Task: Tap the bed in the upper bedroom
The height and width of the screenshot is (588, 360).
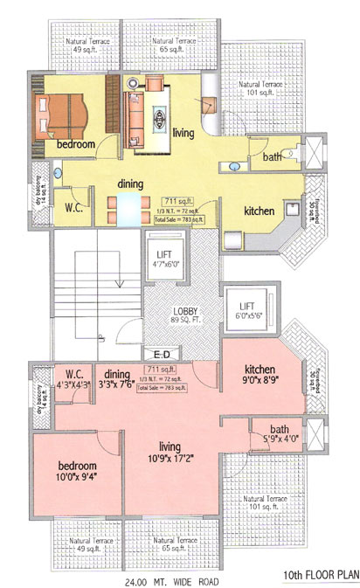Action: pyautogui.click(x=60, y=113)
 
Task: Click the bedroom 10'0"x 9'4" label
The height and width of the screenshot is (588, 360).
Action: pyautogui.click(x=76, y=472)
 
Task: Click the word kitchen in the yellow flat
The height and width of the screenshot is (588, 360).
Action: pyautogui.click(x=260, y=211)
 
